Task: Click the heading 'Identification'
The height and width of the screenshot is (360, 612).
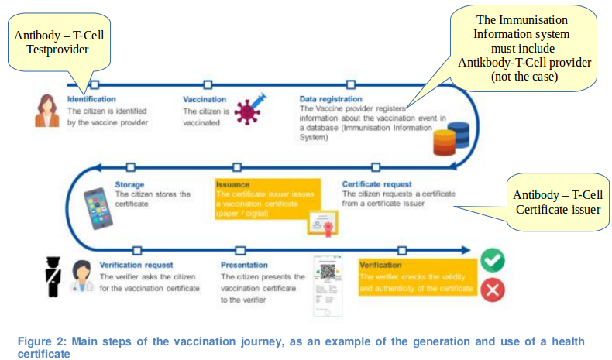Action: tap(91, 100)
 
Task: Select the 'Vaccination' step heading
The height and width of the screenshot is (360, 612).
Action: tap(205, 100)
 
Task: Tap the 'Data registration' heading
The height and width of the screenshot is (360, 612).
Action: tap(331, 100)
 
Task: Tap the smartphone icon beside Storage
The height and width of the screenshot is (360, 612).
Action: tap(98, 207)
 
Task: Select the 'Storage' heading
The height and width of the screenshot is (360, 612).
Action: tap(130, 184)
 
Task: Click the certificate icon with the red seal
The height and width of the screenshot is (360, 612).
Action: tap(320, 225)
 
